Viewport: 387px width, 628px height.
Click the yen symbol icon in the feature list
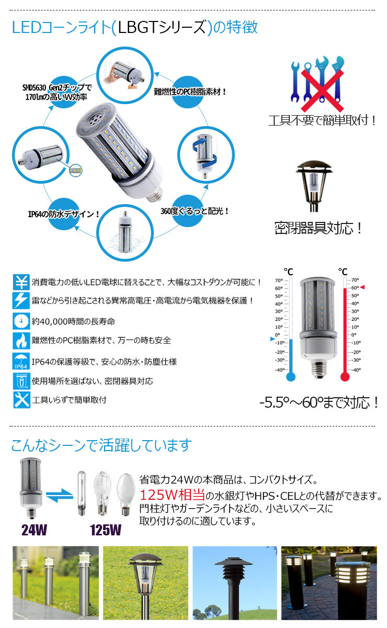tap(21, 283)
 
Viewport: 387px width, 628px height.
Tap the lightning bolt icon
tap(21, 301)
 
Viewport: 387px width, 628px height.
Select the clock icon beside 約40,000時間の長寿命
tap(21, 320)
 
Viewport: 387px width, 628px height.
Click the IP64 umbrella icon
tap(21, 362)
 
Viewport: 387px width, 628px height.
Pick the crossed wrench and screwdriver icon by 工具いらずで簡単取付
tap(21, 400)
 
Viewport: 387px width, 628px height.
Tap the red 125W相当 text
tap(172, 495)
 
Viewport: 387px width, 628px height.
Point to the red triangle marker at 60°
tap(362, 288)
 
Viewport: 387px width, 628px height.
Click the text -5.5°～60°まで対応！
tap(318, 402)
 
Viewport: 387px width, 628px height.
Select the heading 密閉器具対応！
tap(318, 228)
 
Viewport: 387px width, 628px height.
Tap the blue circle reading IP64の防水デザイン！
tap(64, 214)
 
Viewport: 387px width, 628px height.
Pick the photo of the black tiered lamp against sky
tap(235, 582)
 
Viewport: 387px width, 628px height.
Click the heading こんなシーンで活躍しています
tap(101, 445)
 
